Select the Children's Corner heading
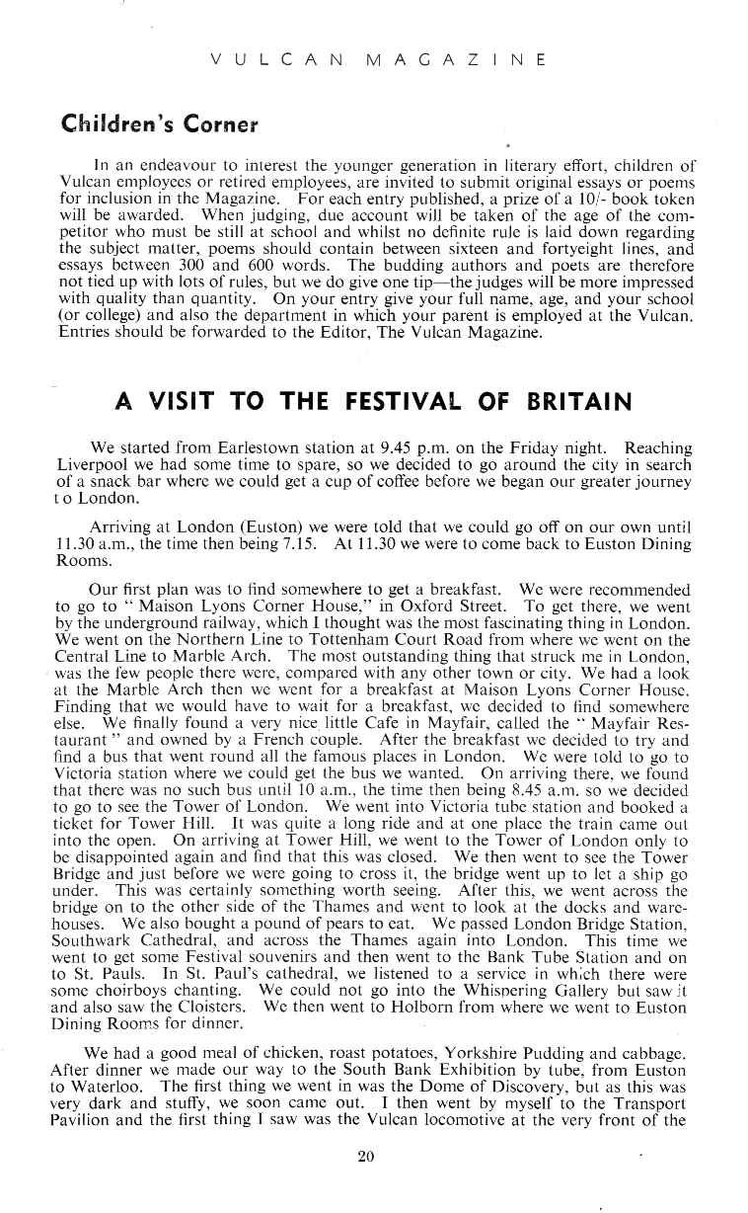pos(159,125)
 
